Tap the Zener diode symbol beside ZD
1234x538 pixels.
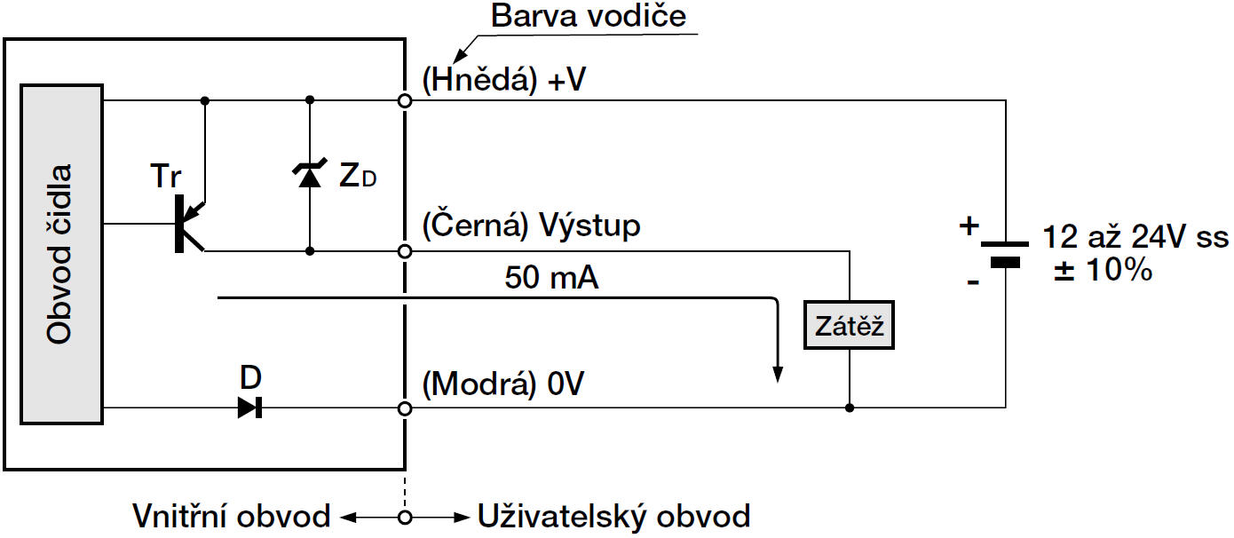pos(309,176)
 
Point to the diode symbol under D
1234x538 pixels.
pos(249,408)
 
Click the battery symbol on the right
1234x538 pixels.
pos(1005,251)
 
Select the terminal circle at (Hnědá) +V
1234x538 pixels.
pos(405,101)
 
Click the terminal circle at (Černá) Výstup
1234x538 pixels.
pos(405,251)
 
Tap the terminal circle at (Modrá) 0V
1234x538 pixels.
pos(405,408)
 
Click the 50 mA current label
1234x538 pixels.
pos(551,279)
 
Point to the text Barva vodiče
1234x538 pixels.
pos(589,16)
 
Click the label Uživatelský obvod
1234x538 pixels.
pos(613,516)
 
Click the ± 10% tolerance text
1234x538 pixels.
pos(1102,271)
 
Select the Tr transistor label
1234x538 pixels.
pos(166,177)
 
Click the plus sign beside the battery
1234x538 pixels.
pos(969,225)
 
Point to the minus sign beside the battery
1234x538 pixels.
pos(973,282)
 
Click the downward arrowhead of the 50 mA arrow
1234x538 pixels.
pos(778,372)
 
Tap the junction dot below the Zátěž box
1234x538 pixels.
pos(850,408)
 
